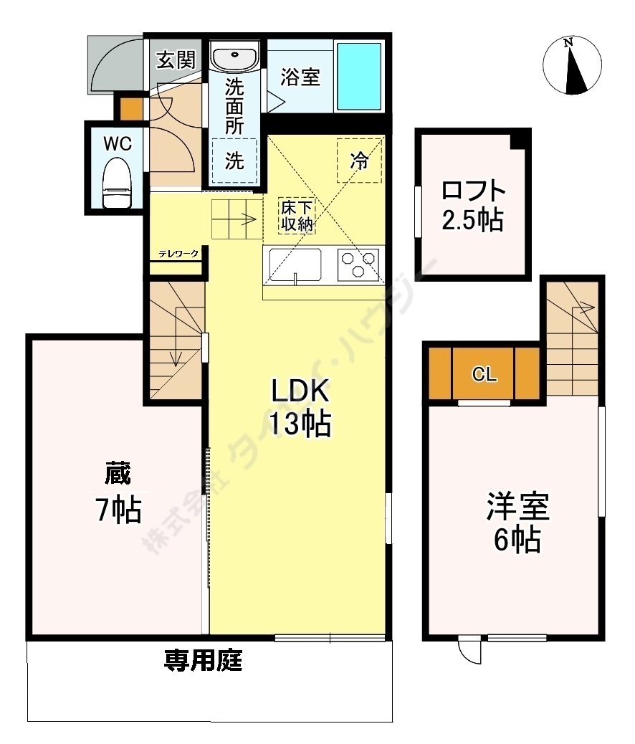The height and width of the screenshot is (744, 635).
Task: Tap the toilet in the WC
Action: tap(117, 184)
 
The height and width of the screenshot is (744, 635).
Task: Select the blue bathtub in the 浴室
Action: tap(360, 75)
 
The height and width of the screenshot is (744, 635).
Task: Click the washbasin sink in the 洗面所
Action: tap(236, 57)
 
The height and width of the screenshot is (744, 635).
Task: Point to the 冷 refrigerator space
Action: tap(359, 160)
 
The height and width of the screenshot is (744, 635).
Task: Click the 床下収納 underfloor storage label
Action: tap(297, 216)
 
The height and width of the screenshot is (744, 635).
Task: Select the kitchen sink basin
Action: tap(296, 264)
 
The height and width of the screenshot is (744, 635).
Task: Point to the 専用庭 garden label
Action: tap(203, 659)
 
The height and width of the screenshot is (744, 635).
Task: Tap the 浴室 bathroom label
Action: tap(300, 76)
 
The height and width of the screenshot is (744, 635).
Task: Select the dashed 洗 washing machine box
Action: tap(234, 161)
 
